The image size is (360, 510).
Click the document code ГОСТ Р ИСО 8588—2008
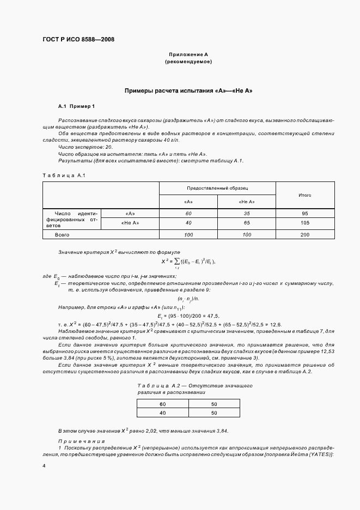(x=78, y=39)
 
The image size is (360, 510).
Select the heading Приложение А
(x=188, y=55)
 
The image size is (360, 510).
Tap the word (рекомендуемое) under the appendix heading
(x=188, y=62)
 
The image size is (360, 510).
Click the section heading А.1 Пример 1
(x=77, y=106)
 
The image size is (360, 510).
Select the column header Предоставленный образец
(x=217, y=188)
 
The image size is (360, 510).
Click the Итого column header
(x=305, y=195)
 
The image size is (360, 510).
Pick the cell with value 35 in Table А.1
(x=247, y=213)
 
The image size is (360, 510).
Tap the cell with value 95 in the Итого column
(x=305, y=213)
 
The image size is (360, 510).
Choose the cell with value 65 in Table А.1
(x=247, y=223)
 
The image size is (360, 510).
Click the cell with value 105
(x=305, y=223)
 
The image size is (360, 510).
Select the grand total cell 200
(x=305, y=234)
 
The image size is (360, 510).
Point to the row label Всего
(x=62, y=234)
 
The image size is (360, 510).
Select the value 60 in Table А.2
(x=162, y=404)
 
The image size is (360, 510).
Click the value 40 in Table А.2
(x=162, y=413)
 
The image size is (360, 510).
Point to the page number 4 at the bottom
(x=44, y=466)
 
